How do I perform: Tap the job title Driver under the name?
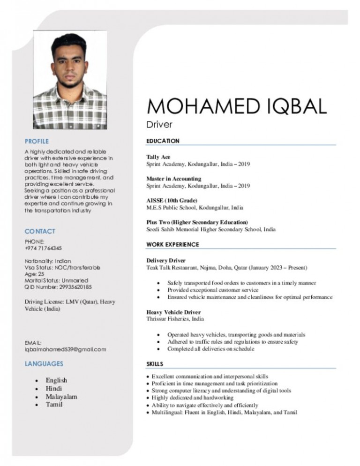pos(160,125)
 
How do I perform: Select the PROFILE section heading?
pos(37,141)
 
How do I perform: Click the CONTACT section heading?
pos(40,231)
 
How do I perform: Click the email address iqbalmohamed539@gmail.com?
pos(65,349)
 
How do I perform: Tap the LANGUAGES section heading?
pos(44,363)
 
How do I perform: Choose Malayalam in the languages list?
pos(61,397)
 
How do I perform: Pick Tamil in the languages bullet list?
pos(54,405)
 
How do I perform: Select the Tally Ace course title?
pos(158,157)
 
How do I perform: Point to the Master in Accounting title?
pos(174,179)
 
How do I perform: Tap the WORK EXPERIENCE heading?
pos(173,244)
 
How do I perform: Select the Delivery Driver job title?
pos(166,260)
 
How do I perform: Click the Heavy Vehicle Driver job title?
pos(174,312)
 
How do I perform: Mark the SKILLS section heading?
pos(155,364)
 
